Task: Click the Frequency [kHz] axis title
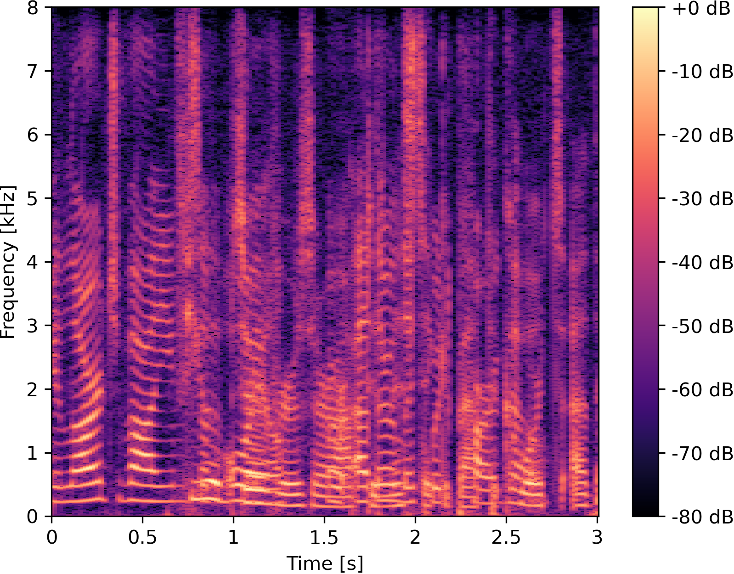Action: click(x=8, y=262)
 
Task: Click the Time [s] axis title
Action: click(x=324, y=563)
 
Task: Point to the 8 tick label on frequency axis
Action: click(x=32, y=8)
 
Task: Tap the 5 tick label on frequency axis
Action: click(x=32, y=199)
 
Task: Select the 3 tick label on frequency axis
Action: click(x=32, y=326)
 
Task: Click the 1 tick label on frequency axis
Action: click(x=32, y=453)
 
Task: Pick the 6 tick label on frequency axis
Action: click(x=32, y=135)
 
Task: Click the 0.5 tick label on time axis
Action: click(x=142, y=537)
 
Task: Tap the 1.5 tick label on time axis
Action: click(x=324, y=537)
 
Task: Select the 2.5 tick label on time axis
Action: click(x=506, y=537)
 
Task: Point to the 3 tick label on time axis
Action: click(x=597, y=537)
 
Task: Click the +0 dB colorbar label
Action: click(x=701, y=9)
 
